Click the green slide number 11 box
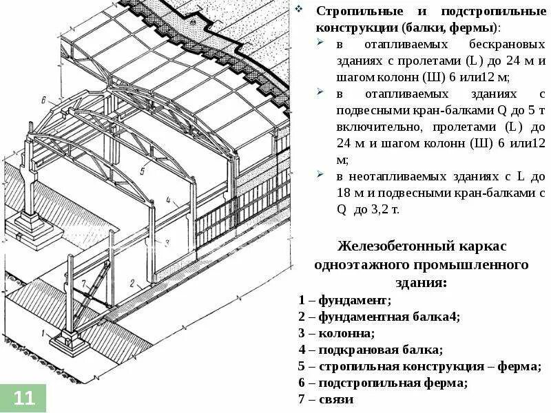click(23, 397)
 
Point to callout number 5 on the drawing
click(143, 169)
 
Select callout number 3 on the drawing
click(167, 243)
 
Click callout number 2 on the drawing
click(139, 285)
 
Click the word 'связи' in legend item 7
click(338, 399)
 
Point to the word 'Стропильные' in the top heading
click(354, 12)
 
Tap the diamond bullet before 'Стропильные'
click(300, 12)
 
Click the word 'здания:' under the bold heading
click(421, 282)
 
